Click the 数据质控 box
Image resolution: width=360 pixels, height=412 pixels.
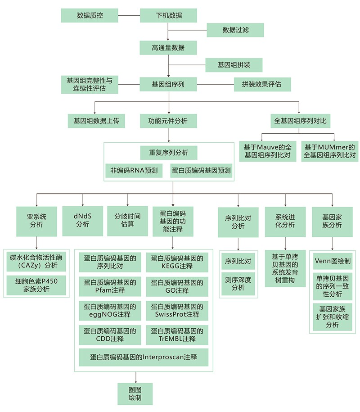click(x=90, y=15)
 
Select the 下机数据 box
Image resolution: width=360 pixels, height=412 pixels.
click(x=168, y=15)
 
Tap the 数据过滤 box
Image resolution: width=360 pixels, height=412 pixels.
click(x=235, y=30)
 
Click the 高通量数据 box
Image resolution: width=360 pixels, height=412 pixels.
click(x=168, y=48)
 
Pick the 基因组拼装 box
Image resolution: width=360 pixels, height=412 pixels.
click(x=234, y=65)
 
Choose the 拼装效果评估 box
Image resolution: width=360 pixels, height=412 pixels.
click(x=262, y=84)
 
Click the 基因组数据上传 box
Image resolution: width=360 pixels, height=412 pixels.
click(x=96, y=121)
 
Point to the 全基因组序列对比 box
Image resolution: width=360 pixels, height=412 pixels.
click(x=301, y=121)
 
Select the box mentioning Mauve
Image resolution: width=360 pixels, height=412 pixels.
click(x=268, y=151)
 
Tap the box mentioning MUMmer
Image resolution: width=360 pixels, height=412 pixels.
click(x=330, y=151)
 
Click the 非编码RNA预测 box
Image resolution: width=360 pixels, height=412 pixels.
click(x=134, y=171)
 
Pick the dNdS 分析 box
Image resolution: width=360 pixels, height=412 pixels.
click(x=82, y=221)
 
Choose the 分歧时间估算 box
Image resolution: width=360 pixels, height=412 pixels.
click(x=128, y=221)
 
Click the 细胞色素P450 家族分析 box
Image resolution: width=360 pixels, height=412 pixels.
click(x=36, y=285)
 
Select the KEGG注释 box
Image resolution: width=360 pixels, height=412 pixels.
click(x=177, y=262)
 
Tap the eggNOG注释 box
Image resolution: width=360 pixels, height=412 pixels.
click(x=110, y=311)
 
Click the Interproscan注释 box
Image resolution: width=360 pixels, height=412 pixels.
click(x=144, y=358)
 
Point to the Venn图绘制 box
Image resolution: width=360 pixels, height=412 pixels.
click(x=333, y=261)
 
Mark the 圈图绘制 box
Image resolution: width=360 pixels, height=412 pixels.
click(x=135, y=394)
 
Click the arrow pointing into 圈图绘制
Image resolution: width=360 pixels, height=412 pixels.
click(x=136, y=377)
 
